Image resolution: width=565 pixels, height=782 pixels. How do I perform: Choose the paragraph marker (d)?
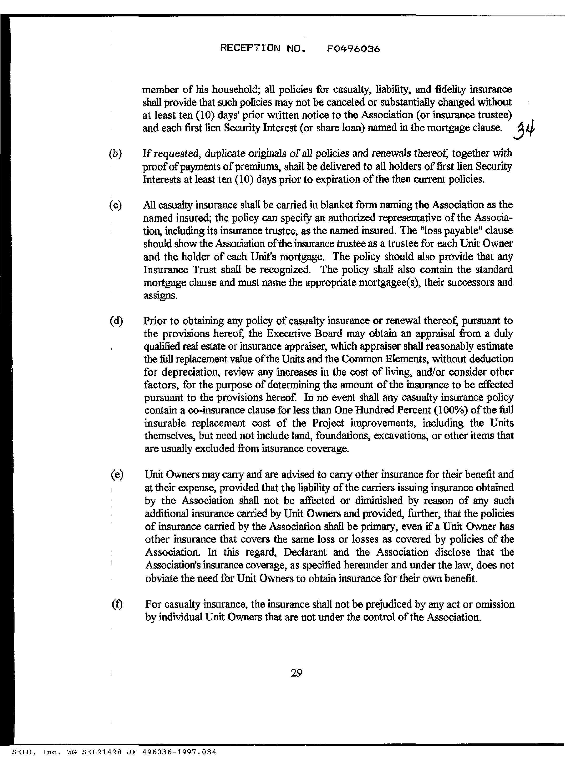[116, 321]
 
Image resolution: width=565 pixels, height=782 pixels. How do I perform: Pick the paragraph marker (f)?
[117, 604]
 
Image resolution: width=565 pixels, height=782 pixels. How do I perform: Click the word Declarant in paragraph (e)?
[305, 552]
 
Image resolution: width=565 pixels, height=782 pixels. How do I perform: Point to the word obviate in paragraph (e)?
[162, 578]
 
